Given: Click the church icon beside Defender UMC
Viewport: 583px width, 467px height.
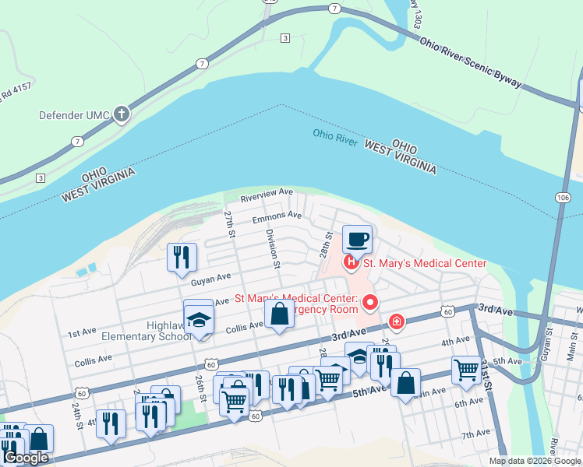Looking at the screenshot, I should (121, 115).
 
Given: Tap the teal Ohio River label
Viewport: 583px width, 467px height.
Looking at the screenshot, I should (335, 135).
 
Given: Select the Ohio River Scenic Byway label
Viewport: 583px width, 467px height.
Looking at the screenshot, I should (470, 63).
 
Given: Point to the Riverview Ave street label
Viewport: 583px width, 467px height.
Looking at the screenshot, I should (267, 195).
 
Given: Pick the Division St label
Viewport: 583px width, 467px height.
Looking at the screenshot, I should (273, 248).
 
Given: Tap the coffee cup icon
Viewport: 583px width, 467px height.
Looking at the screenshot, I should (358, 239).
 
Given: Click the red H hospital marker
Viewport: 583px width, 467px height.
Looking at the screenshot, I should (352, 263).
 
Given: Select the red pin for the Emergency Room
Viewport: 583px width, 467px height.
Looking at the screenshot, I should (371, 302).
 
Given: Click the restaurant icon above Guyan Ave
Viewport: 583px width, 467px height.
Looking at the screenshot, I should (182, 257).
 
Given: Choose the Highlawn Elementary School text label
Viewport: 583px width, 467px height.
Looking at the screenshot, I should (146, 331).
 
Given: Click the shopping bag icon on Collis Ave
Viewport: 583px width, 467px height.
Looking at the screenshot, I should (280, 315).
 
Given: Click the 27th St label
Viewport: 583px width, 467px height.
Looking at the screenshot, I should (230, 223).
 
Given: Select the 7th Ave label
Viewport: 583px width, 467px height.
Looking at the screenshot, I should (475, 434).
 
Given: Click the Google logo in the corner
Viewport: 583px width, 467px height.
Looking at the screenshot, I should (26, 458).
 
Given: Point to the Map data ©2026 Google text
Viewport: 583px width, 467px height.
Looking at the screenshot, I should (535, 461).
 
